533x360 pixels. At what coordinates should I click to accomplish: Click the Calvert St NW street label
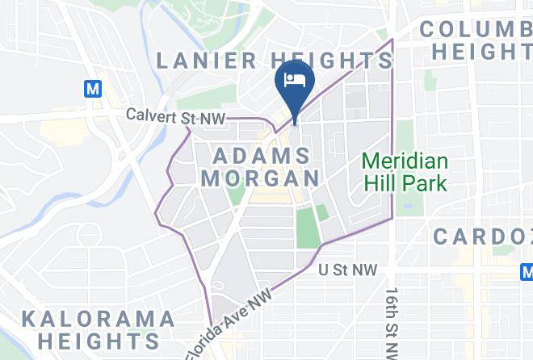point(175,115)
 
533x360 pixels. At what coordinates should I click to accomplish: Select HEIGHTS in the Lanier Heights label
point(332,61)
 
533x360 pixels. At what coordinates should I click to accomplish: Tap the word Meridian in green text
point(405,161)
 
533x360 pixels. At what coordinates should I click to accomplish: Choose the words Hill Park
point(405,183)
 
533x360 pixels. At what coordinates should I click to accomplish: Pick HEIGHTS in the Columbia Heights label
point(481,52)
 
